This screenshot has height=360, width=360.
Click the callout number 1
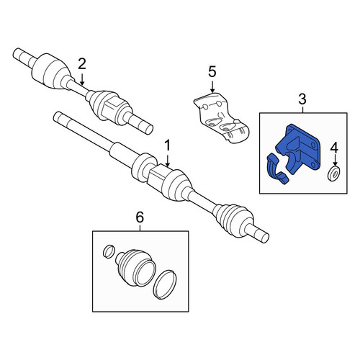(167, 145)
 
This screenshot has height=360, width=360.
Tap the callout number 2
(82, 64)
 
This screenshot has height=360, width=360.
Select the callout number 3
(302, 99)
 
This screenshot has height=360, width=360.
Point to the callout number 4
(334, 148)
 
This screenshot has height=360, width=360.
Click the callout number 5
(212, 72)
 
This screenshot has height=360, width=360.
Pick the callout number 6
(140, 217)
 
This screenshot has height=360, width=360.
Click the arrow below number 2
(82, 80)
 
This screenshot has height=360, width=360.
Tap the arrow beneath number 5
(212, 86)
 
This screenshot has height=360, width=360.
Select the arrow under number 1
(168, 161)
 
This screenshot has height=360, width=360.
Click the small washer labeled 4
(333, 174)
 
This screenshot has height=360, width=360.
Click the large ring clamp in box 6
(166, 284)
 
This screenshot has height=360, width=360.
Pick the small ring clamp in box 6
(108, 251)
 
